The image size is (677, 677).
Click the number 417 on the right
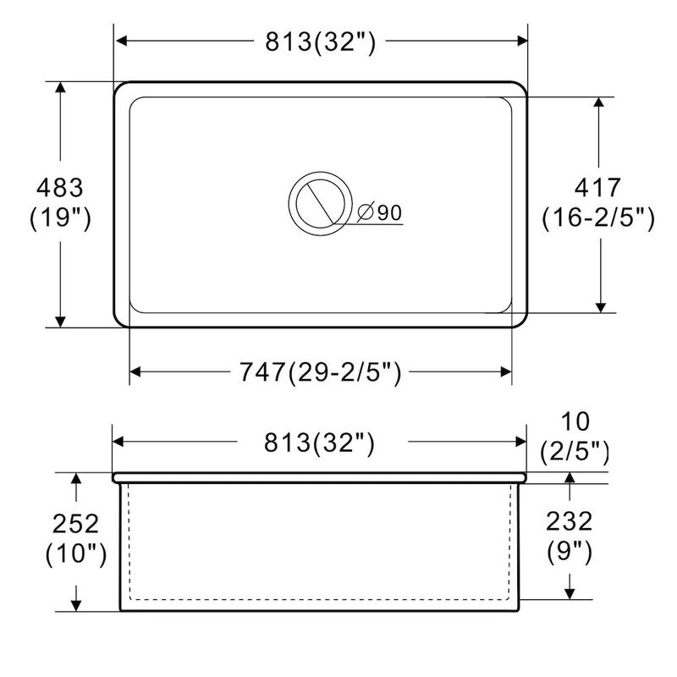(x=598, y=186)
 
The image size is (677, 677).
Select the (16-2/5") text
(x=598, y=218)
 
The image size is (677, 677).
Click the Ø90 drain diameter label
(x=378, y=212)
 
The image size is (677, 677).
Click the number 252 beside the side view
(x=74, y=523)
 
